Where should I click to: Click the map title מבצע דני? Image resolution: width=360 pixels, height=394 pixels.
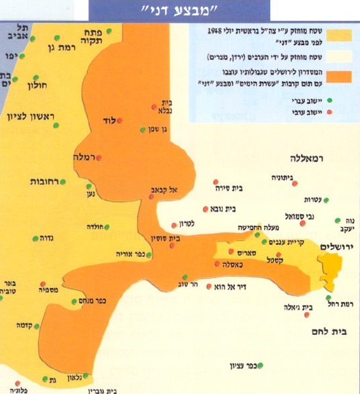[x=180, y=10]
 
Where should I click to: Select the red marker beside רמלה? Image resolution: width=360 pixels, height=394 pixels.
[x=99, y=158]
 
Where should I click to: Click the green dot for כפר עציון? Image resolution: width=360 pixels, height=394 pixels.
[x=261, y=365]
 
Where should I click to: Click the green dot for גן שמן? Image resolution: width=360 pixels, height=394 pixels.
[x=142, y=130]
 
